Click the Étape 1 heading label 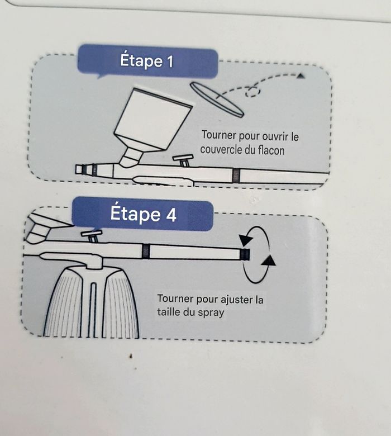(x=146, y=61)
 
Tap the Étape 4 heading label (x=144, y=214)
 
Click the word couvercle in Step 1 (x=221, y=150)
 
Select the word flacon (x=271, y=150)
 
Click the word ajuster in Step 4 (x=231, y=300)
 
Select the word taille (x=169, y=311)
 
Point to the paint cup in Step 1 (x=152, y=120)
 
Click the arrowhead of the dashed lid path (x=301, y=75)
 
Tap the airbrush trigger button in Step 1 (x=183, y=160)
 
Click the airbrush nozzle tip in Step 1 (x=80, y=169)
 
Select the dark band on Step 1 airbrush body (x=236, y=176)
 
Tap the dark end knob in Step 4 (x=245, y=255)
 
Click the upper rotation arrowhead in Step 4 (x=246, y=240)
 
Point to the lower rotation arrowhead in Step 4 (x=269, y=262)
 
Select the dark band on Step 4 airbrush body (x=146, y=251)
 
